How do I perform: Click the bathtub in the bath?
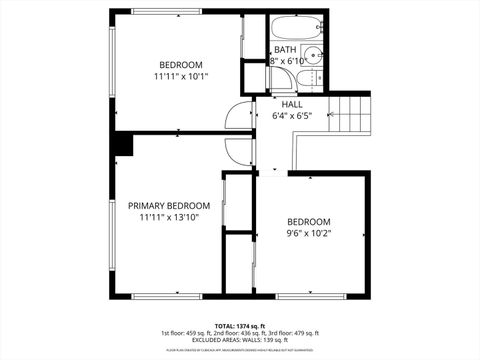coord(295,28)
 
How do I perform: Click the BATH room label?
coord(286,49)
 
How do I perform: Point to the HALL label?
coord(292,104)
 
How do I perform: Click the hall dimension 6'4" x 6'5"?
coord(292,116)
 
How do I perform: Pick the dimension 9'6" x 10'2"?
coord(309,234)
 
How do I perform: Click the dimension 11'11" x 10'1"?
coord(181,76)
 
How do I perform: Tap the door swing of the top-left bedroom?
coord(238,116)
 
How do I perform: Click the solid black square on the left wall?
coord(122,145)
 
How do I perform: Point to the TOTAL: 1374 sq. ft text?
coord(240,325)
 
